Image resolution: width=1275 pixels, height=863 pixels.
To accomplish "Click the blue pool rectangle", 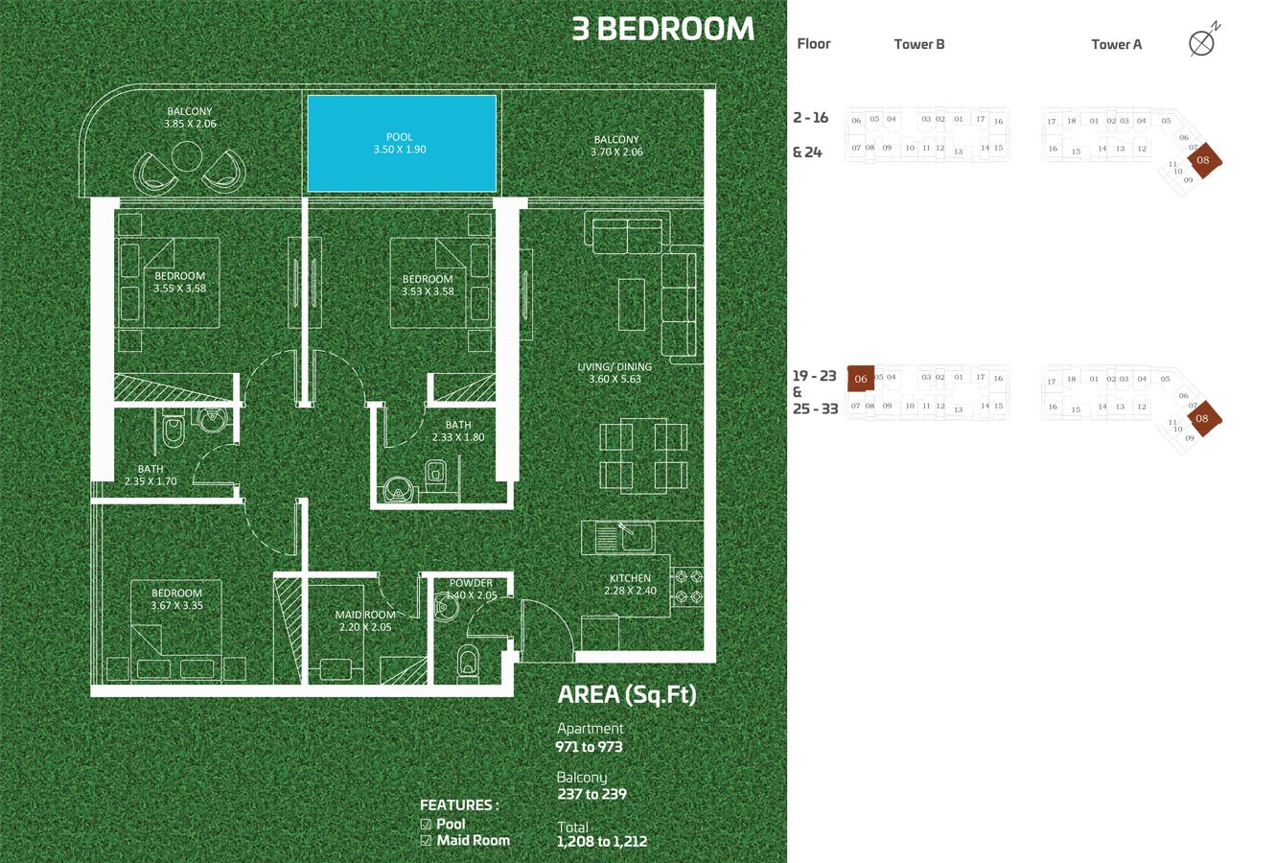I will coord(401,143).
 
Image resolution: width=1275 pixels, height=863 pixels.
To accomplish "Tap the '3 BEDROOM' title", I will coord(662,29).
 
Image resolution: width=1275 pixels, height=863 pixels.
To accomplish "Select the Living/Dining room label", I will coord(614,372).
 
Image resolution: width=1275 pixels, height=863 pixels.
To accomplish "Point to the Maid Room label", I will coord(364,620).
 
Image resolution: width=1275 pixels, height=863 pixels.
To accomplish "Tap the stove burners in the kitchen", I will coord(690,587).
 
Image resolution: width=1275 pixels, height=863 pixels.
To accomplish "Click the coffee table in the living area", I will coord(631,304).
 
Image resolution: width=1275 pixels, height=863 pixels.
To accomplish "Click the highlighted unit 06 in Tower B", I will coord(861,379).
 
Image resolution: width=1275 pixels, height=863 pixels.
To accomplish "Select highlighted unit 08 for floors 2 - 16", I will coord(1203,160).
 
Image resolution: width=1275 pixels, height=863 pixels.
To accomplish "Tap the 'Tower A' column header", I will coord(1116,44).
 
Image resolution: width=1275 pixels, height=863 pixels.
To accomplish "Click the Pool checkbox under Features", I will coord(427,824).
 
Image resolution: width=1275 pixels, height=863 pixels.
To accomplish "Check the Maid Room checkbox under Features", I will coord(427,841).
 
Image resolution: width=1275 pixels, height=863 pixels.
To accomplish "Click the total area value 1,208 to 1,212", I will coord(602,842).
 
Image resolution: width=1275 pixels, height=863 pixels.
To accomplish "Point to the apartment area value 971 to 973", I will coord(589,746).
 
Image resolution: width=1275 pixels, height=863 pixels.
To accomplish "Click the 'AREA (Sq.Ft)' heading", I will coord(627,695).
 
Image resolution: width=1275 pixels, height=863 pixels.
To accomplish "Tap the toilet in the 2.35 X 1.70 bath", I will coord(174,432).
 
